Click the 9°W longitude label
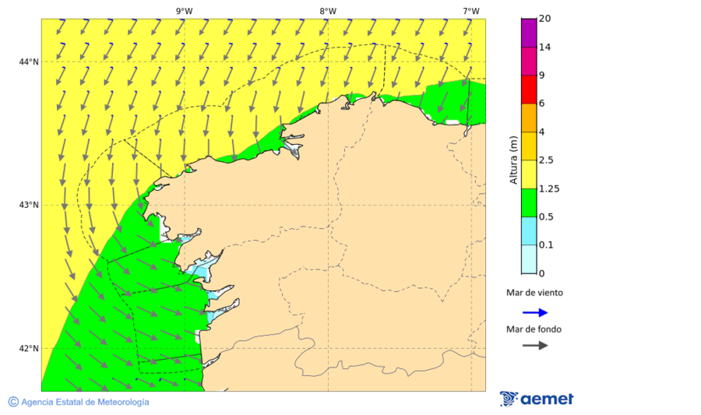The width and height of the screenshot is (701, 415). (184, 11)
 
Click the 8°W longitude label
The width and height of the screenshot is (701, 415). (327, 11)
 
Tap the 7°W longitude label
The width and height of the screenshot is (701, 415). (470, 11)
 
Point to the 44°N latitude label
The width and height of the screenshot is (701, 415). (30, 62)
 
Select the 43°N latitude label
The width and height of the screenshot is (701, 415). (30, 206)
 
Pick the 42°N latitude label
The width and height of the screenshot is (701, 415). (30, 349)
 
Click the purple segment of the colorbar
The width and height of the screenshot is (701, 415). (529, 33)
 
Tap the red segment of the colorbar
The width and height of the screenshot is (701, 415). (529, 90)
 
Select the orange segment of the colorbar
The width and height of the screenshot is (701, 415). (529, 118)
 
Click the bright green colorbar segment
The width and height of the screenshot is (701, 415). (529, 202)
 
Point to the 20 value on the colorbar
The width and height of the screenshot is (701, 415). (545, 19)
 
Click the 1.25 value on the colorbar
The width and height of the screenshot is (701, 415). (550, 188)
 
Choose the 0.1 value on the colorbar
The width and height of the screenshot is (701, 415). (547, 245)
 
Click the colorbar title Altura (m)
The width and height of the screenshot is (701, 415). (513, 160)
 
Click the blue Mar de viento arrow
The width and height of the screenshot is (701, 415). (535, 312)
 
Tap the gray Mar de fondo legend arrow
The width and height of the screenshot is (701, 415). (535, 345)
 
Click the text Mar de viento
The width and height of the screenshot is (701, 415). (534, 294)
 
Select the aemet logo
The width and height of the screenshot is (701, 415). (537, 399)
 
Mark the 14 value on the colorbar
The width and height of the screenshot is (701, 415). (545, 47)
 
